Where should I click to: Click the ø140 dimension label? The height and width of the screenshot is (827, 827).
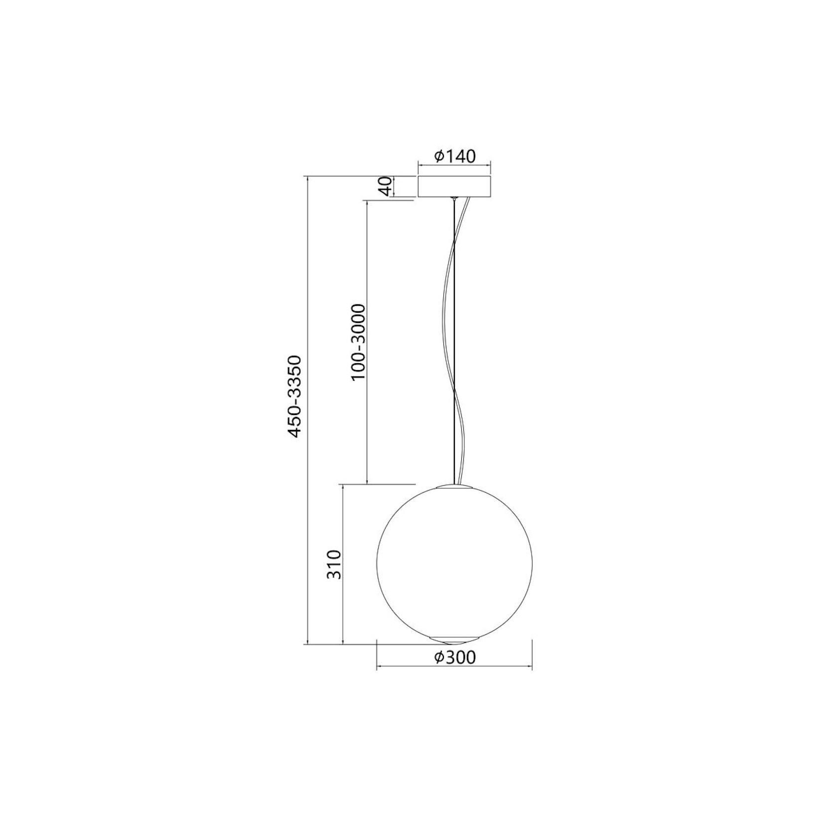click(x=455, y=156)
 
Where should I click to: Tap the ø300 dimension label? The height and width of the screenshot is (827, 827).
click(x=455, y=657)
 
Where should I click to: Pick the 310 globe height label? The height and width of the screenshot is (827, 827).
click(x=333, y=564)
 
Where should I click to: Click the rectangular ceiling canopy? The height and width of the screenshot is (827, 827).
click(x=454, y=186)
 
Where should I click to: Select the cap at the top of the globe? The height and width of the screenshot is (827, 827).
click(x=454, y=486)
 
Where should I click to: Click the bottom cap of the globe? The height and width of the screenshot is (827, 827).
click(x=454, y=640)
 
